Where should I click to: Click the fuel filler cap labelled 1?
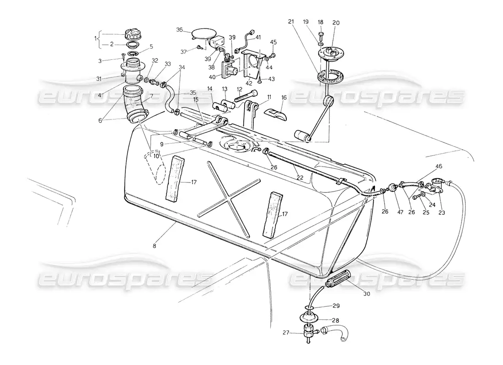133,35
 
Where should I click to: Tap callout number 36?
180,30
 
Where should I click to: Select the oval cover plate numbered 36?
203,34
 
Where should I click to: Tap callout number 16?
284,97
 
